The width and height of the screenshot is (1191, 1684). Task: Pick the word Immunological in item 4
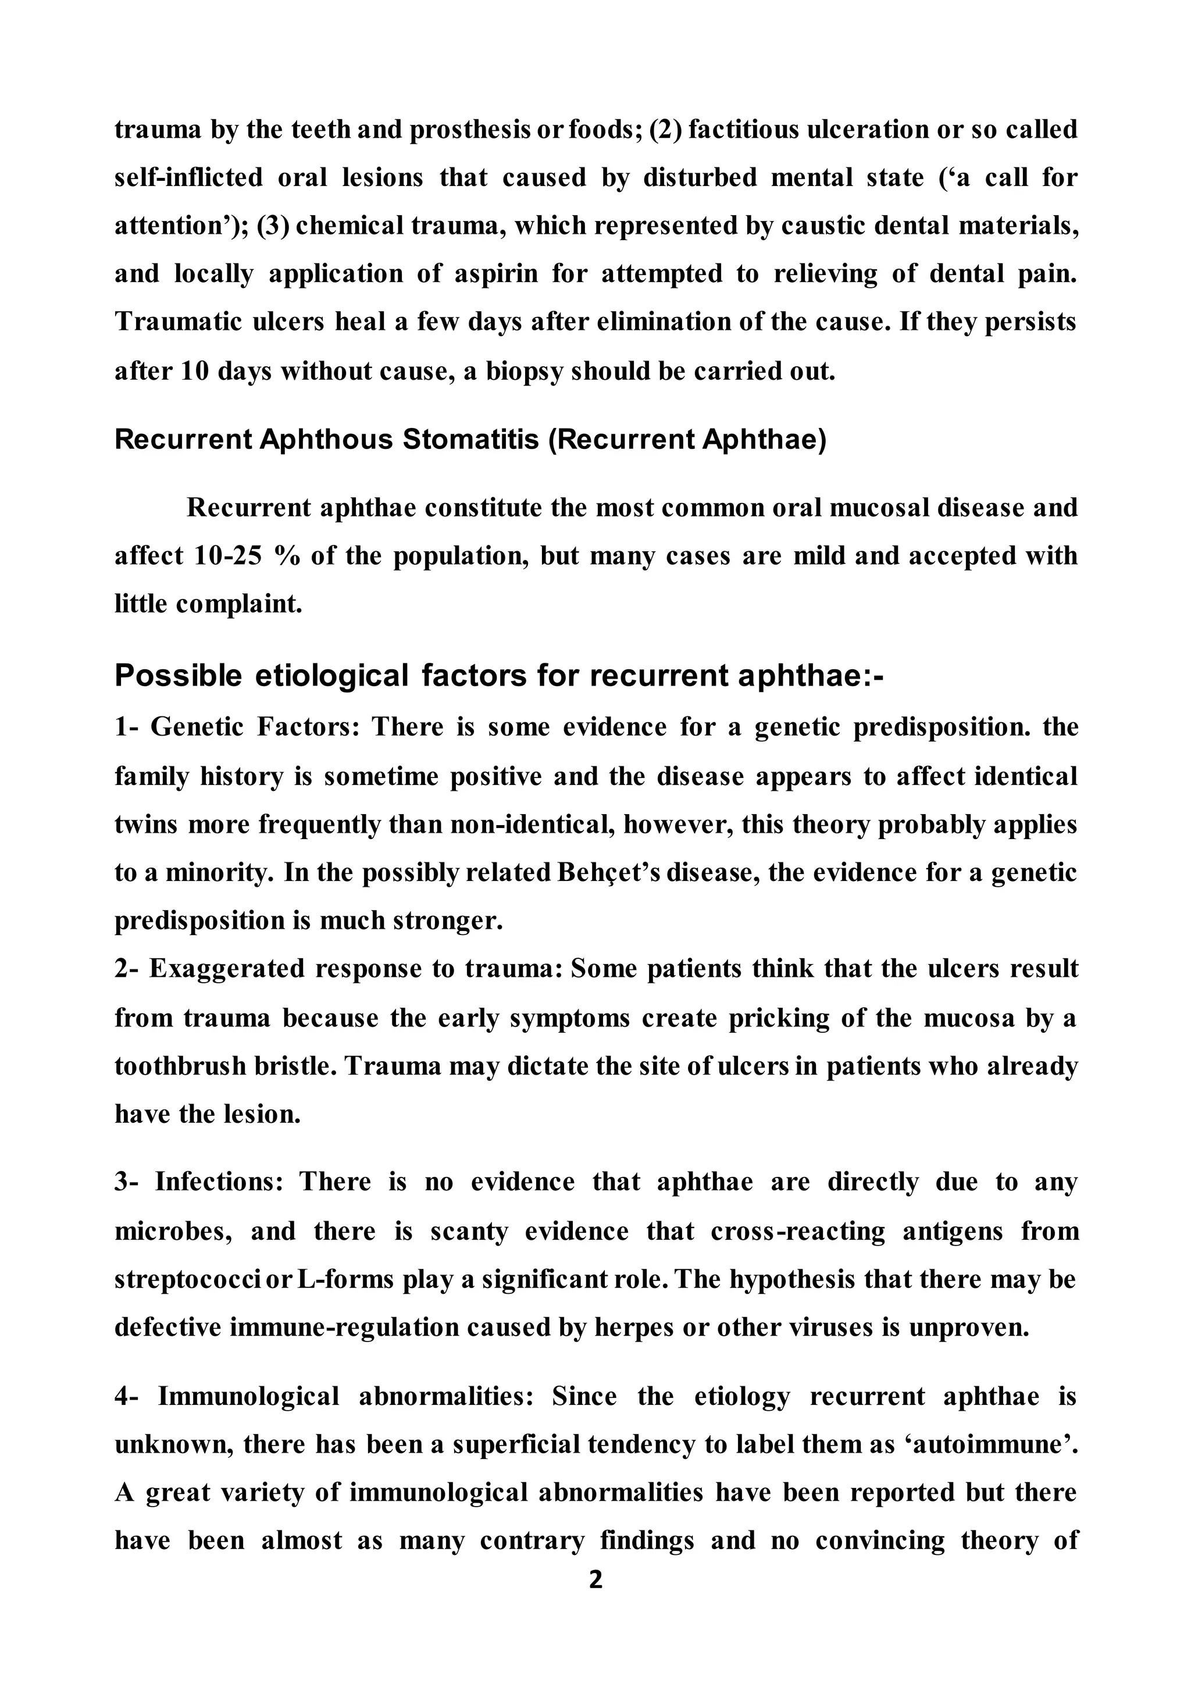coord(249,1396)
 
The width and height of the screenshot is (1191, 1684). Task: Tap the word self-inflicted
coord(188,177)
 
